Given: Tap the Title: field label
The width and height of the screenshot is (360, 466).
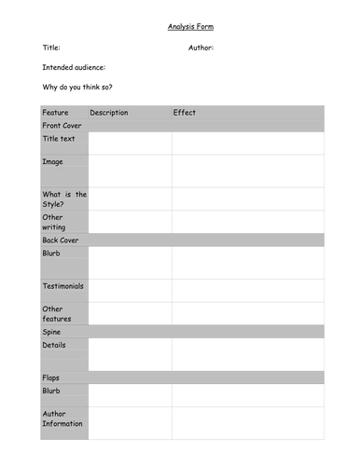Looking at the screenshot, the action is tap(51, 47).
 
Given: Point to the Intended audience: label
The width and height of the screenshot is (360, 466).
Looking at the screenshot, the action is tap(74, 67).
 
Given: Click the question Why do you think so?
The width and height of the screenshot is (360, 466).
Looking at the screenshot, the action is tap(78, 88).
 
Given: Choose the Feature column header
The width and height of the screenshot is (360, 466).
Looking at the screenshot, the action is tap(56, 113).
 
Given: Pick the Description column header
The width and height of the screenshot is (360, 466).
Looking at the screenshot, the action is tap(109, 113).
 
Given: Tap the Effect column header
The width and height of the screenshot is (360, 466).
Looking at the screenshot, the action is tap(185, 113).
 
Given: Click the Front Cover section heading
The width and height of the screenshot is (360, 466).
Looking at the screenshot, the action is tap(63, 125).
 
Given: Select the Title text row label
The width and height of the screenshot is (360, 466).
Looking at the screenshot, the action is tap(61, 139).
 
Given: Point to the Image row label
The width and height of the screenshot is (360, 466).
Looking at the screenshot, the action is tap(53, 161).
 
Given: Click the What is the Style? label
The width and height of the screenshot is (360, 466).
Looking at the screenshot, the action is tap(64, 199).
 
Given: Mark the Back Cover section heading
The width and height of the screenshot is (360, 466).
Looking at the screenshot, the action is tap(62, 240).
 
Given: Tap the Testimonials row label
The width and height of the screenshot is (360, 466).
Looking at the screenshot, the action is tap(63, 286).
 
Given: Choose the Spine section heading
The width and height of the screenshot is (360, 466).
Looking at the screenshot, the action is tap(52, 331).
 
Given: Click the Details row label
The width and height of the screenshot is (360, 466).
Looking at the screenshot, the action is tap(55, 345).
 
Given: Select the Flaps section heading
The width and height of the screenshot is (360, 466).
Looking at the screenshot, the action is tap(52, 377).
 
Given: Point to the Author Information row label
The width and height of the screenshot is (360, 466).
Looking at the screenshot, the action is tap(63, 418).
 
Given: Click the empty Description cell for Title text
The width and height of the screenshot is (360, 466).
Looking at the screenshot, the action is tap(130, 143).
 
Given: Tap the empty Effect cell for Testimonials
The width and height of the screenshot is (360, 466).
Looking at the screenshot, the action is tap(247, 290).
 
